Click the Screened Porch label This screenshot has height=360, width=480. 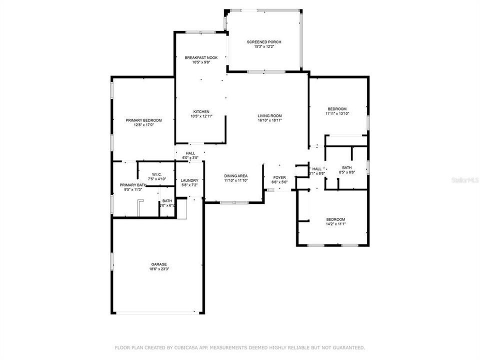[x=263, y=41]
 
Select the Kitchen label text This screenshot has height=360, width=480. [x=201, y=111]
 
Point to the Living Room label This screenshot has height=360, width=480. [x=270, y=114]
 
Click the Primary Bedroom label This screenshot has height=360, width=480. [x=143, y=120]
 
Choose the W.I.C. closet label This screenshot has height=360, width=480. [x=156, y=174]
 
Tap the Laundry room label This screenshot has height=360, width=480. [x=189, y=180]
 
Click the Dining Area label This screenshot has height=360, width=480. [x=235, y=176]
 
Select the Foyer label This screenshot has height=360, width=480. [x=279, y=177]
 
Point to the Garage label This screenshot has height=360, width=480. [x=159, y=264]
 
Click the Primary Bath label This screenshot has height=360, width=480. [x=132, y=185]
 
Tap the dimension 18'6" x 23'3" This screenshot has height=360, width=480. [x=159, y=269]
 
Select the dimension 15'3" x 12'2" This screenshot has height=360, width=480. [x=263, y=47]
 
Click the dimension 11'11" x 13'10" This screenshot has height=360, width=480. [x=336, y=114]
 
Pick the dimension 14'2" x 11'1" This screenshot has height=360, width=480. [x=335, y=224]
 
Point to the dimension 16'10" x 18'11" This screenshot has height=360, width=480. [x=270, y=120]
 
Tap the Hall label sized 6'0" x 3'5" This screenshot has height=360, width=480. [x=190, y=153]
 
